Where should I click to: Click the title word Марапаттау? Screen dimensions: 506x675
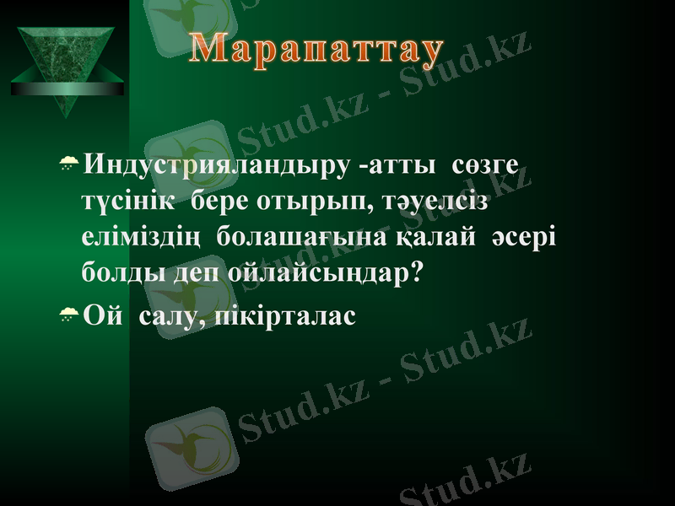click(316, 51)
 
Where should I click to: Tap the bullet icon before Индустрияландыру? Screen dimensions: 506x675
click(68, 163)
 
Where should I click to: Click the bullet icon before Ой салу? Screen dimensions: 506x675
click(68, 314)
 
